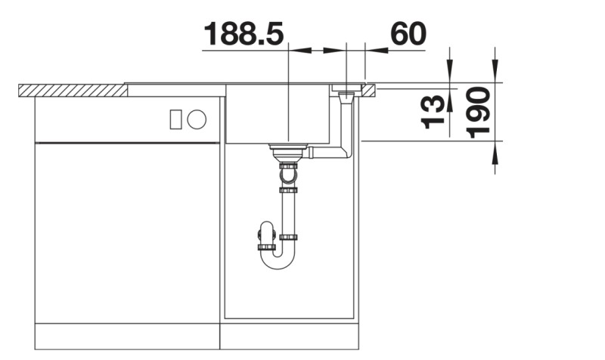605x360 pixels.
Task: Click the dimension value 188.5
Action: point(244,34)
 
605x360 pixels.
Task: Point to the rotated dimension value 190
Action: point(479,112)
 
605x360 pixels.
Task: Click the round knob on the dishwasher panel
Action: point(197,119)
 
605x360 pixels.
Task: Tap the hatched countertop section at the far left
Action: point(72,90)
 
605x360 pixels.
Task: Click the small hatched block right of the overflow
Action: point(370,90)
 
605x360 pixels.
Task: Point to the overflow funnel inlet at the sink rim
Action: point(346,96)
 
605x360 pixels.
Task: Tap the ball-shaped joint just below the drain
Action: point(288,176)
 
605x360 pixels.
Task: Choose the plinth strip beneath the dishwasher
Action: point(127,337)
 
